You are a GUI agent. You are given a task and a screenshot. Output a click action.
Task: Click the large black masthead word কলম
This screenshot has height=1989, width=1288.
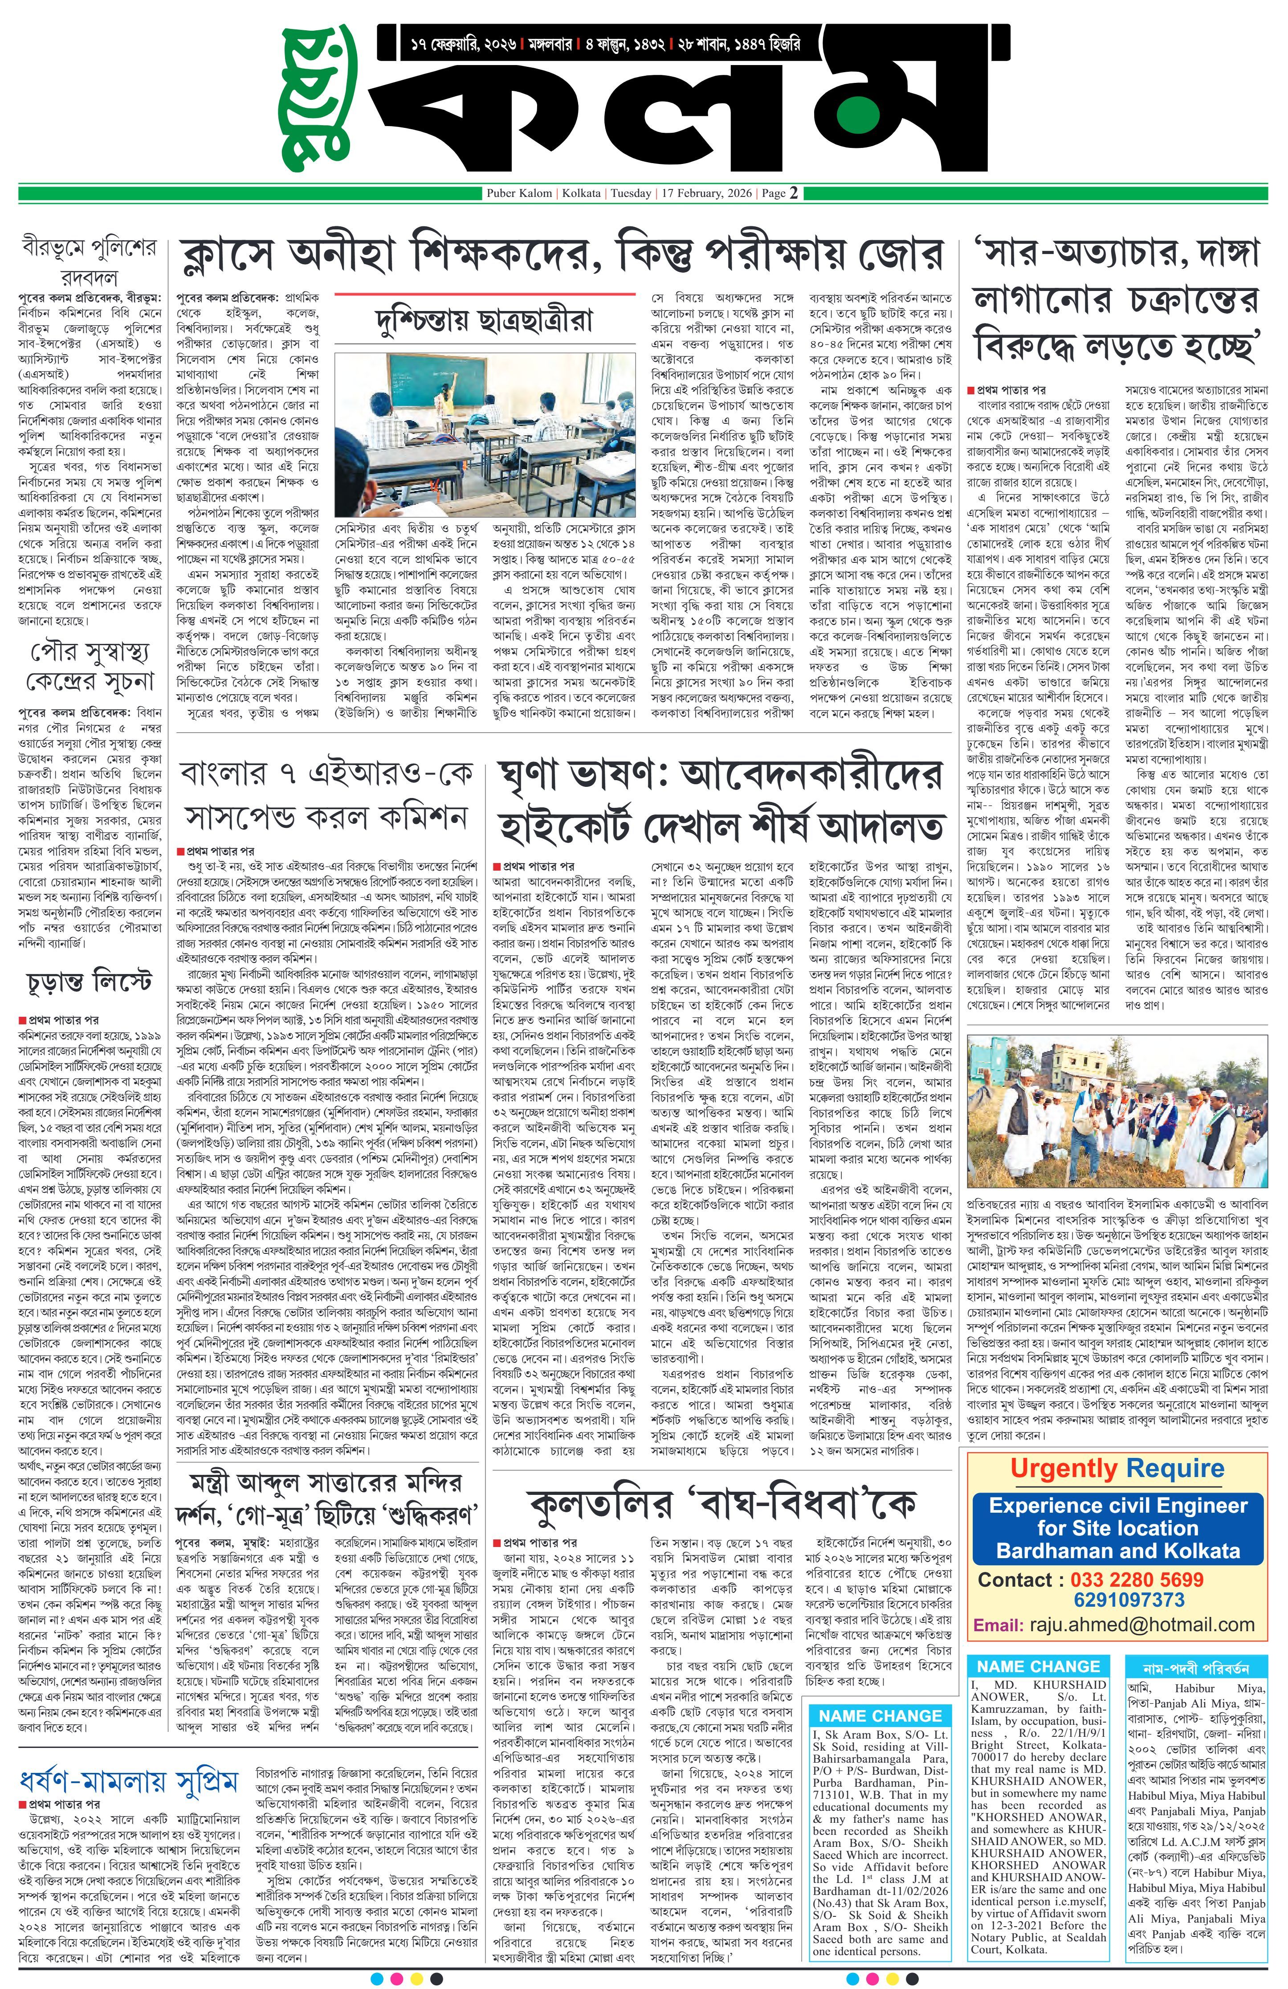668,109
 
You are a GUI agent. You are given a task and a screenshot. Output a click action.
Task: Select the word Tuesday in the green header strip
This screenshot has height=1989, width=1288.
631,193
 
